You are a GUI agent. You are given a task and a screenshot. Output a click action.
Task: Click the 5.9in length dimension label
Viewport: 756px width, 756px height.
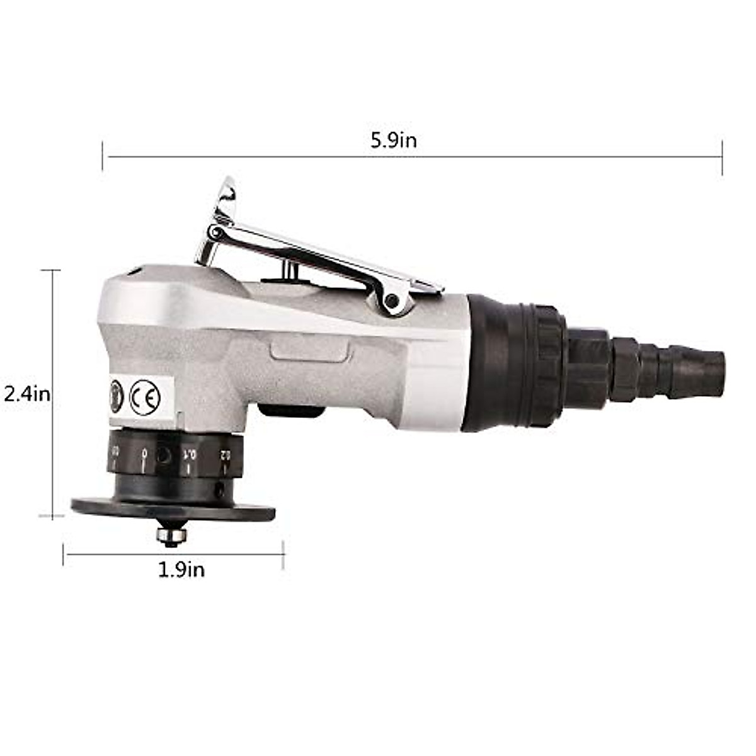click(393, 140)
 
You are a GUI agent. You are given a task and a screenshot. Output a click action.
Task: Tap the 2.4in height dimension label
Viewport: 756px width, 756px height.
click(26, 394)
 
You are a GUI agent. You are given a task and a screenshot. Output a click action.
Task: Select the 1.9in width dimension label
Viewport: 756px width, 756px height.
click(181, 570)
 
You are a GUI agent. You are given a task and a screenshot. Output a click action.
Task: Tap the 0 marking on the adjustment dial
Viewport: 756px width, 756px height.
click(144, 452)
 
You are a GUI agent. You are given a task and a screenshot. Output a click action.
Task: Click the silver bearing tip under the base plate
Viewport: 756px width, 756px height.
click(171, 535)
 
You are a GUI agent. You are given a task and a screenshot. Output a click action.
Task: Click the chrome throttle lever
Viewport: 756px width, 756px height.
click(328, 258)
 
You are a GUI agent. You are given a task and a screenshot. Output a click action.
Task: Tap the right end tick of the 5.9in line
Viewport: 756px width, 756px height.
click(722, 157)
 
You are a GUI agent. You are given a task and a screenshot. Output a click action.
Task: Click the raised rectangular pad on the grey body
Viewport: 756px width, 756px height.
click(309, 348)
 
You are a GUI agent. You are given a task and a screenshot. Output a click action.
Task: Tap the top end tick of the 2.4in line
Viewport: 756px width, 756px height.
click(51, 270)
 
